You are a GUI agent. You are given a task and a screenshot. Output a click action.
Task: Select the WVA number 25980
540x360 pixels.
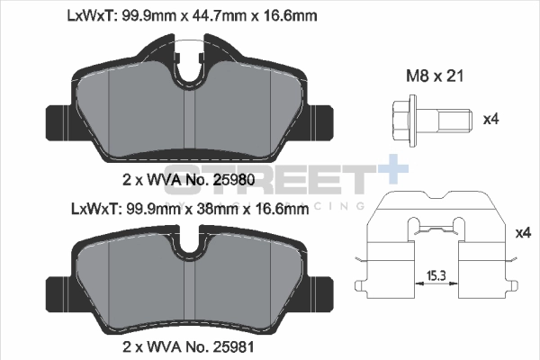tap(234, 179)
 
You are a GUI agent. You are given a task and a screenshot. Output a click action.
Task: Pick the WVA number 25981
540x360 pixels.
tap(234, 346)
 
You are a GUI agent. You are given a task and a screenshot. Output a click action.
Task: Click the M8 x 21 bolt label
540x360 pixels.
tap(435, 76)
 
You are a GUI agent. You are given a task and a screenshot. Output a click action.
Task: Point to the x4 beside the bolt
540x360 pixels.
tap(491, 119)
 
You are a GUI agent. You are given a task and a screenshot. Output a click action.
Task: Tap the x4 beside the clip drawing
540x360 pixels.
tap(523, 233)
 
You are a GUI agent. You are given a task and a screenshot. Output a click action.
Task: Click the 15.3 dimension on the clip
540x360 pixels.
tap(436, 275)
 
